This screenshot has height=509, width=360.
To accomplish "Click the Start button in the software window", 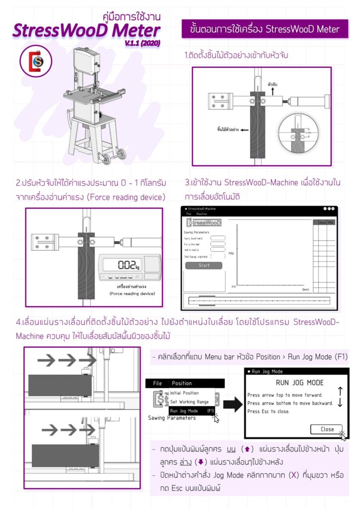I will click(204, 265).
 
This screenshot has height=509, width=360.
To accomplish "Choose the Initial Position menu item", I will click(184, 393).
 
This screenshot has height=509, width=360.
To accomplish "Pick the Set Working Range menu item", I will click(190, 402).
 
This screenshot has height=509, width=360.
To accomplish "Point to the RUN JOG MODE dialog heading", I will click(299, 383).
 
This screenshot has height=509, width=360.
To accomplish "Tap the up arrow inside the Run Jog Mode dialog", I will click(340, 391).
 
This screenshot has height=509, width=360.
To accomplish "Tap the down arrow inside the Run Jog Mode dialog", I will click(340, 403).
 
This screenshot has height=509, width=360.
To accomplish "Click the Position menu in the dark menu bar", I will click(181, 383).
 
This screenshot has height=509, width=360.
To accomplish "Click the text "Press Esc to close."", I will click(269, 412).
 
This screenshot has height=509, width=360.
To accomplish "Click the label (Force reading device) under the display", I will click(132, 294).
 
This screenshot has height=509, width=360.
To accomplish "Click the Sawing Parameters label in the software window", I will click(197, 232).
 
